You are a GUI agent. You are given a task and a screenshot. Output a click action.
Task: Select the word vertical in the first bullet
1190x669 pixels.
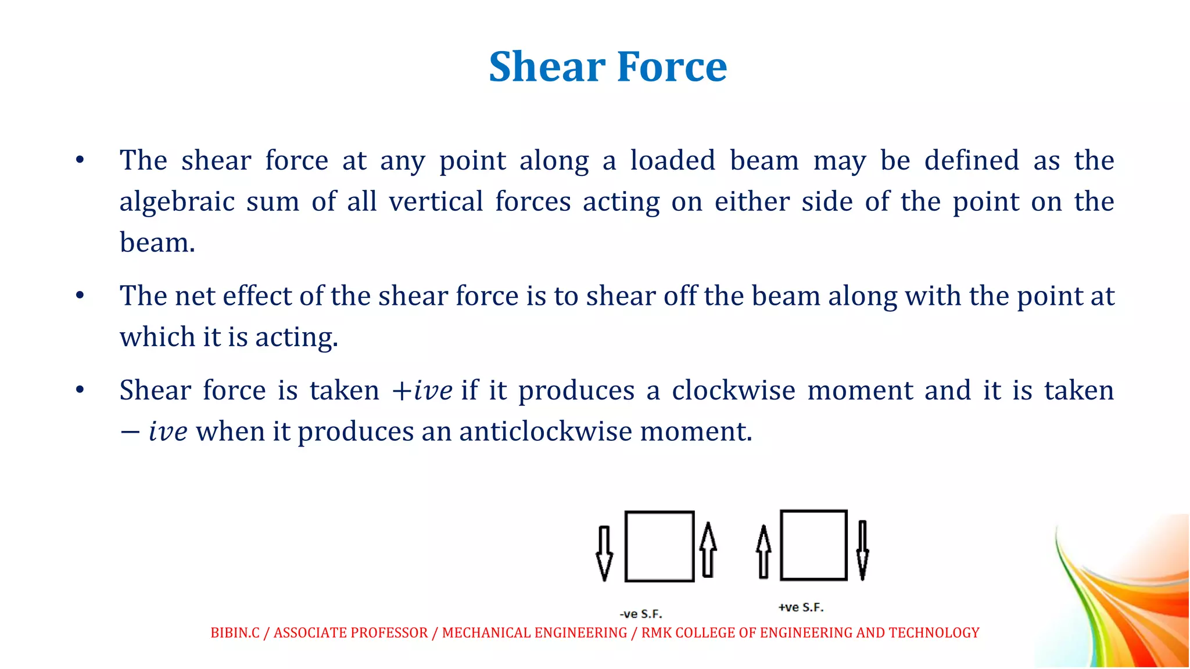pos(436,202)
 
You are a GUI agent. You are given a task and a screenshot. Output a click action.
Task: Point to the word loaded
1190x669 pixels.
pos(672,160)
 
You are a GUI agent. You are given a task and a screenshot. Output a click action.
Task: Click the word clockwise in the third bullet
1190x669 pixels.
pos(733,390)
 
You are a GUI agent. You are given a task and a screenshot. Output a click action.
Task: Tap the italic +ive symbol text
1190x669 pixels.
pos(422,390)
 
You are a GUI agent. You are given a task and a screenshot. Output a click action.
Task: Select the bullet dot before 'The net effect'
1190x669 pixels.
pos(80,296)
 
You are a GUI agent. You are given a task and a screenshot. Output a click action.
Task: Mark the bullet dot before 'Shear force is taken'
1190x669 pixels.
pos(80,390)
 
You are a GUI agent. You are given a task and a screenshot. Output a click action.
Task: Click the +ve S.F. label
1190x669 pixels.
pos(801,607)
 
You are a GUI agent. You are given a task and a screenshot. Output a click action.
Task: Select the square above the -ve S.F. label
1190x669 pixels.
pos(659,546)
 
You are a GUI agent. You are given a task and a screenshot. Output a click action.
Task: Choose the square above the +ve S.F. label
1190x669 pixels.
pos(813,545)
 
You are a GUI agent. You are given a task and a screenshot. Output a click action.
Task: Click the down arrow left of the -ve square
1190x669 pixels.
pos(604,552)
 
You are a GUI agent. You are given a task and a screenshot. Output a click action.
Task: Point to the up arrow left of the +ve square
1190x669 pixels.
pos(764,552)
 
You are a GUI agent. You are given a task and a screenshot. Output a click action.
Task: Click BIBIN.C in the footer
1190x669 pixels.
pos(235,633)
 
